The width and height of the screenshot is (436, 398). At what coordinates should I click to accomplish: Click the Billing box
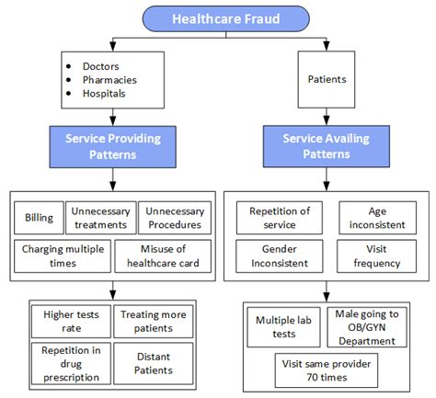(39, 219)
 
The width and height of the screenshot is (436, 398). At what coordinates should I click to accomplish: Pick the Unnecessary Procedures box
(174, 219)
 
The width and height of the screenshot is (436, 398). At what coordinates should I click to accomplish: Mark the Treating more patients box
(154, 322)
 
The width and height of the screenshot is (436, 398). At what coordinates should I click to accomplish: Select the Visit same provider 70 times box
(324, 370)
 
